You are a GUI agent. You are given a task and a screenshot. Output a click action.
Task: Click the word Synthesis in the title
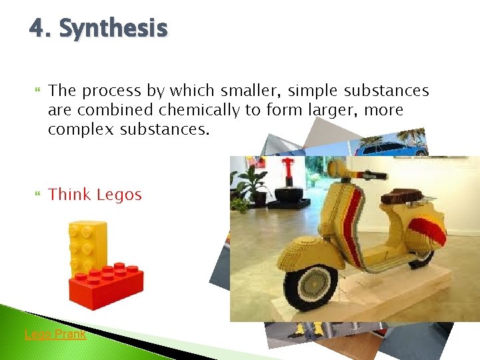pyautogui.click(x=113, y=29)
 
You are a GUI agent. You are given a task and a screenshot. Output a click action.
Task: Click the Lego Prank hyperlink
pyautogui.click(x=55, y=334)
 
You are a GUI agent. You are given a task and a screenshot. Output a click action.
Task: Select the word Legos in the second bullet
pyautogui.click(x=119, y=195)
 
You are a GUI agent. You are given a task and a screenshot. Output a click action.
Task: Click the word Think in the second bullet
pyautogui.click(x=70, y=195)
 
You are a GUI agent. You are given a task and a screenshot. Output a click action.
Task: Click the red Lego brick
pyautogui.click(x=107, y=286)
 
